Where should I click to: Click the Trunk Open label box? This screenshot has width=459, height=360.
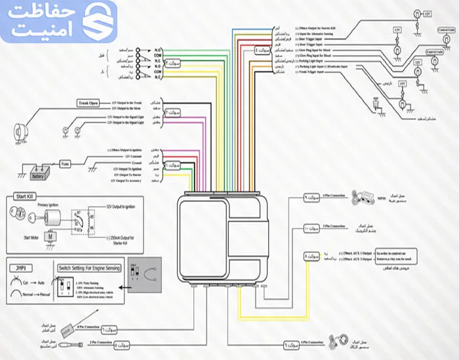coord(88,103)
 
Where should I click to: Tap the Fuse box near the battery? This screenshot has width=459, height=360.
coord(66,164)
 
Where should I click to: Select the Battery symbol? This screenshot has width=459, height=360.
coord(37,175)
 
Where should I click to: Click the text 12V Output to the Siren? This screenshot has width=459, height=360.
coord(126,110)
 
